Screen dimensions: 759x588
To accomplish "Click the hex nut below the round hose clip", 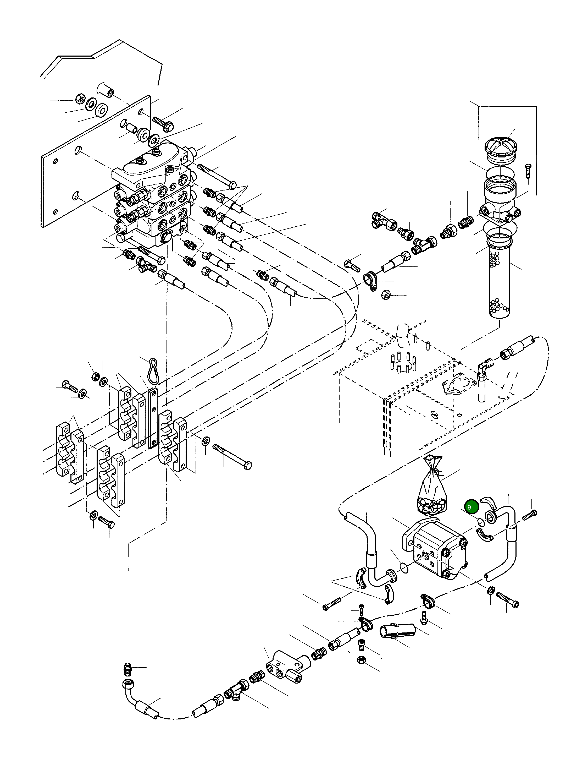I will tap(386, 295).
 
